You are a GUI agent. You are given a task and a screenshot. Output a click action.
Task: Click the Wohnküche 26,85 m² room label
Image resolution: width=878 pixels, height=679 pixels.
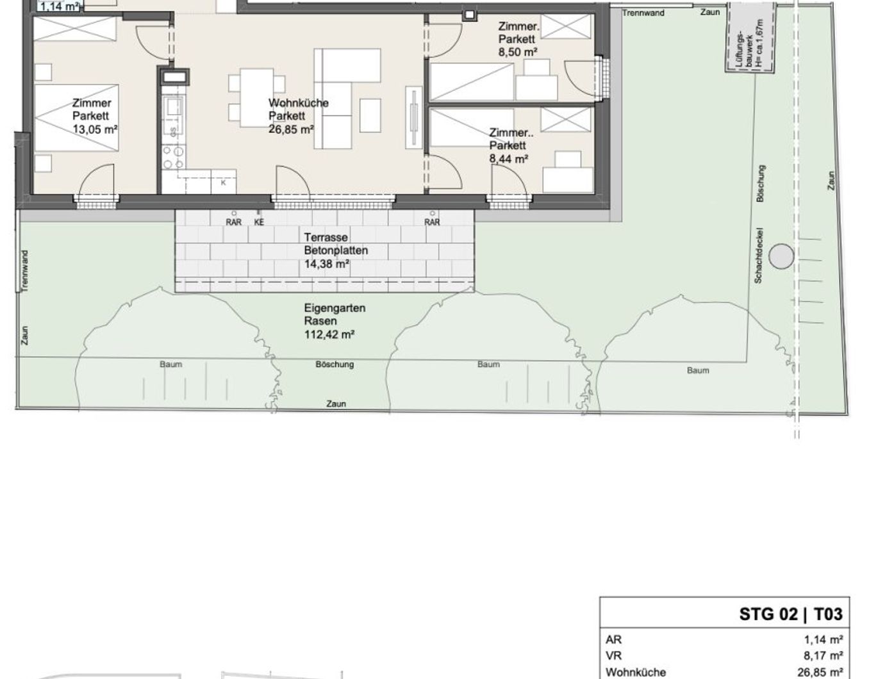[298, 116]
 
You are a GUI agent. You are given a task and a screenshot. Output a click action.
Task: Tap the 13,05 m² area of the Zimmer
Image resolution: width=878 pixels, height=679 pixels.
[95, 129]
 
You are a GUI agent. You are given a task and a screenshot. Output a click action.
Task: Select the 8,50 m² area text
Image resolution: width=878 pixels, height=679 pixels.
[518, 52]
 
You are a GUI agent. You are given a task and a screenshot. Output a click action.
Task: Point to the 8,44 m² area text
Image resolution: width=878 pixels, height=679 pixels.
[509, 159]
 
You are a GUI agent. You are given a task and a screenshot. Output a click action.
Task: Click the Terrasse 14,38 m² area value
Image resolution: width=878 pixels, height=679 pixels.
[326, 264]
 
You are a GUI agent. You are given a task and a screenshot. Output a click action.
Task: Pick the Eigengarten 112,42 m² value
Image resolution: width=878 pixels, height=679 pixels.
[329, 334]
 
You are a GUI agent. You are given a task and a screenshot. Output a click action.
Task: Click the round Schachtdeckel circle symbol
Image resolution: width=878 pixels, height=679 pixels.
[781, 256]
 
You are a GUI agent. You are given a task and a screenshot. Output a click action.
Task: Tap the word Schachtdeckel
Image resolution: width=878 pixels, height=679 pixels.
[758, 255]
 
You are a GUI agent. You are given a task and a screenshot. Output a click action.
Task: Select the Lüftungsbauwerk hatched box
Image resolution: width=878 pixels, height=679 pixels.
[750, 38]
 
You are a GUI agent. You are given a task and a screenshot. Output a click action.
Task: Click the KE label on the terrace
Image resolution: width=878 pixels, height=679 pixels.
[259, 222]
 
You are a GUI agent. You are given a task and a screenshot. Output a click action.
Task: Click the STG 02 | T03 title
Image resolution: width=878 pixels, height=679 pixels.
[791, 614]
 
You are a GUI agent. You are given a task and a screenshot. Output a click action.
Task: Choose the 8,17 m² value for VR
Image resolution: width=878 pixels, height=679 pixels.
[823, 655]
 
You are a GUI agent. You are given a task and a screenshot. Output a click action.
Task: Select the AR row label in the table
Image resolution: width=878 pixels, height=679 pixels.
[613, 639]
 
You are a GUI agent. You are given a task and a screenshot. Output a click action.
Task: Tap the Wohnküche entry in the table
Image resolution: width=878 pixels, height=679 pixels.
[636, 673]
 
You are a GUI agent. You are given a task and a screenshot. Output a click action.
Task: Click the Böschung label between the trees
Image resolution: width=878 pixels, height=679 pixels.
[335, 364]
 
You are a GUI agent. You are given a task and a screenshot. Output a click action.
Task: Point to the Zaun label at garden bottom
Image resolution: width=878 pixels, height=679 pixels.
[336, 404]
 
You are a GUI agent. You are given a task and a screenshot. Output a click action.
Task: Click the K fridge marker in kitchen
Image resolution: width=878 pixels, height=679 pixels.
[224, 183]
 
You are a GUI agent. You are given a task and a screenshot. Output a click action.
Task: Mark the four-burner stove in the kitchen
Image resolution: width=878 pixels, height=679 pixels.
[173, 158]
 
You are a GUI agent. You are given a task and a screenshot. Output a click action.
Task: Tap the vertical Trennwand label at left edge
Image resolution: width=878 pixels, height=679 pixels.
[24, 271]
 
